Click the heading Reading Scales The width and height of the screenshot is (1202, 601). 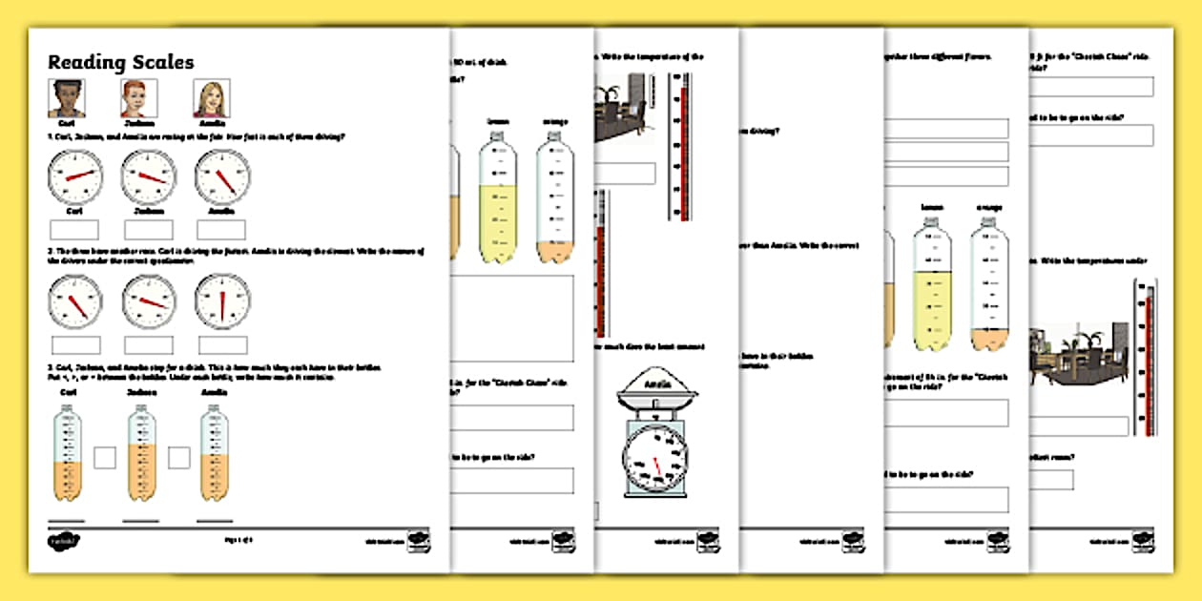(x=121, y=63)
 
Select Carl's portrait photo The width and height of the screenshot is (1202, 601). (x=66, y=98)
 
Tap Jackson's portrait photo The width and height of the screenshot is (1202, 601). (x=138, y=98)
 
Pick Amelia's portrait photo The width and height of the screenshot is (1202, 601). (x=212, y=98)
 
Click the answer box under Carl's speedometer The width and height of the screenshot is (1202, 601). (x=74, y=230)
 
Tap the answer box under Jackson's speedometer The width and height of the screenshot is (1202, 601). (x=148, y=230)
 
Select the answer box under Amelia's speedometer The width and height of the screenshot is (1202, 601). (x=221, y=230)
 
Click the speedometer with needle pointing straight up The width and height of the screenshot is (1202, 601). (x=222, y=301)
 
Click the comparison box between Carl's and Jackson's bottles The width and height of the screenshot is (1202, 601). (x=104, y=458)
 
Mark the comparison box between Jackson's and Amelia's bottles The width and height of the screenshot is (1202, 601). (x=178, y=458)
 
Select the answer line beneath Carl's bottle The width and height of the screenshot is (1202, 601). (x=66, y=521)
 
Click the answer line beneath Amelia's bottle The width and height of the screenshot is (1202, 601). (x=214, y=521)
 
